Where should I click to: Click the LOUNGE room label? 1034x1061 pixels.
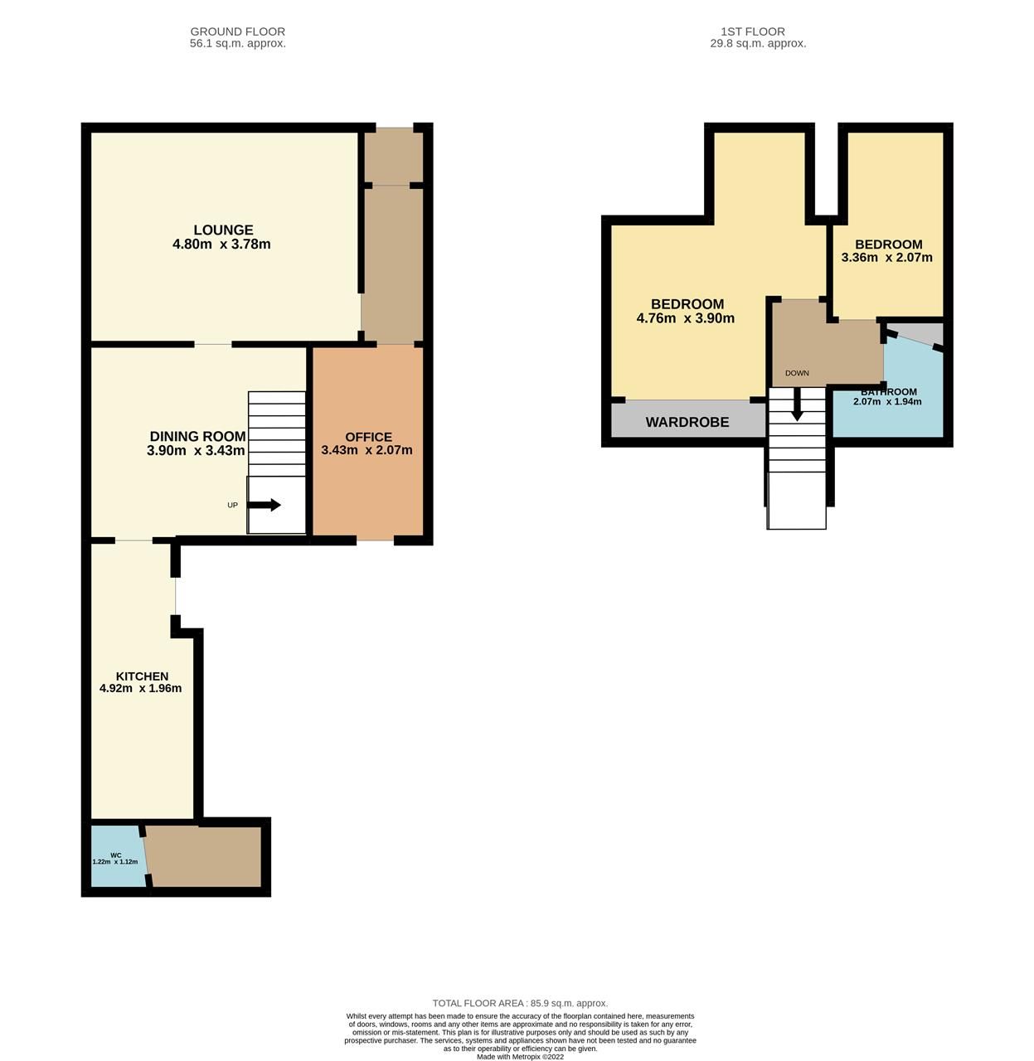point(223,230)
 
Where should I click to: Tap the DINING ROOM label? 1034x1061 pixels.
point(197,437)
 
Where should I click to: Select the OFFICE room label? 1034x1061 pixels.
point(368,437)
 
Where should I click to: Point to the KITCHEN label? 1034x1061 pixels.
point(142,676)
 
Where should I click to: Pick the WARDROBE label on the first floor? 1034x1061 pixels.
point(687,422)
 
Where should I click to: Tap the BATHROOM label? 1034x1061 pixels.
point(889,392)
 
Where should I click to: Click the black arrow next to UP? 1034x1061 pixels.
point(265,505)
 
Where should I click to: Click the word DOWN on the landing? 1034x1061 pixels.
point(797,373)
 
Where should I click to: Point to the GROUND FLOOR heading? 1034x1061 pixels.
point(237,31)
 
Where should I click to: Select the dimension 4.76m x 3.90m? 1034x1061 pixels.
point(685,318)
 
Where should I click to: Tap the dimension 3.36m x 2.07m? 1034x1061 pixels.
point(886,257)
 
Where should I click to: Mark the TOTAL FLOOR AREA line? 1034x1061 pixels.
point(520,1003)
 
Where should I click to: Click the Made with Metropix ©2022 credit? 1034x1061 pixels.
point(520,1057)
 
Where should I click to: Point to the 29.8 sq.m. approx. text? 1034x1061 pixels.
point(757,43)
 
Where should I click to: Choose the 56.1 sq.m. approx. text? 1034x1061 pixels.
point(237,43)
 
